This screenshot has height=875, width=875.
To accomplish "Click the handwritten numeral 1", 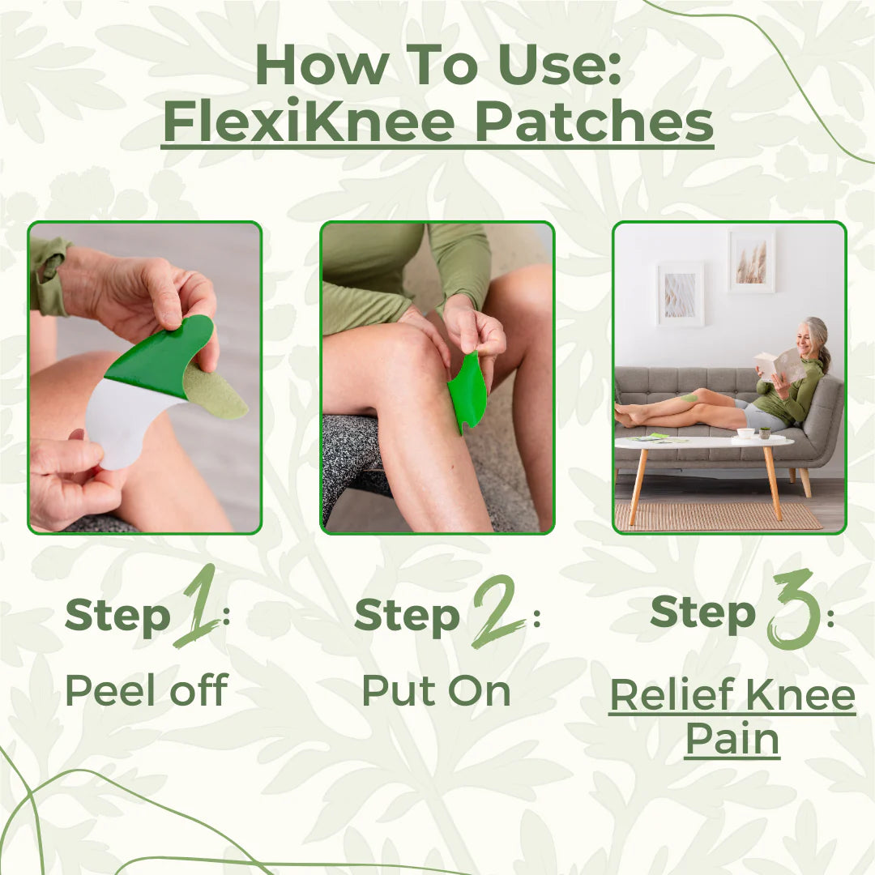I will (x=197, y=608).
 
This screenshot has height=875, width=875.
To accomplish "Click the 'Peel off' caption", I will (x=146, y=690).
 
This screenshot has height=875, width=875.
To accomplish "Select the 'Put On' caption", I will (x=436, y=690).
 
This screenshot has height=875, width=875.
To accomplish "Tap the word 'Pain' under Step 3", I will (x=732, y=739).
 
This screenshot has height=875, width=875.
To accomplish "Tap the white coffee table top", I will (x=702, y=442).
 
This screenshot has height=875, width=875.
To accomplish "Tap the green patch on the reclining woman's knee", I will (x=689, y=397).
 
